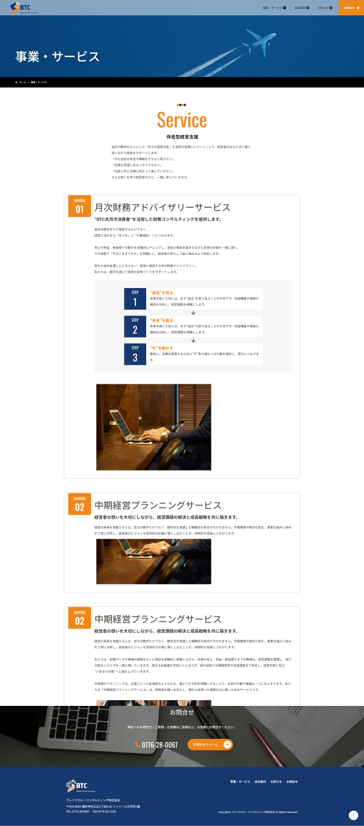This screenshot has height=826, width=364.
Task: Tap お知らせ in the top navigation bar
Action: [x=324, y=8]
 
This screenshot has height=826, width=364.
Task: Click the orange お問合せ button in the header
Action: [x=351, y=8]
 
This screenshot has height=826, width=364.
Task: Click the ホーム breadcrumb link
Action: [x=22, y=82]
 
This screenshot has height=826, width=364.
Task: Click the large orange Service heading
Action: [x=182, y=120]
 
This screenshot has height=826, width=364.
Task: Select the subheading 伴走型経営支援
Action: [x=182, y=137]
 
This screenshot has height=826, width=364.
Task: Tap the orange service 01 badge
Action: [x=80, y=206]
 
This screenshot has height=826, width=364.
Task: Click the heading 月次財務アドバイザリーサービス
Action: [x=163, y=208]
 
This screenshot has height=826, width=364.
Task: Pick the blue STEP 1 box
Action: [x=135, y=299]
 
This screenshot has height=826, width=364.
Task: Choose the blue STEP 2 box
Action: [x=135, y=326]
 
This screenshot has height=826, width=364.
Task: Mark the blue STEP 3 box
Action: [x=135, y=354]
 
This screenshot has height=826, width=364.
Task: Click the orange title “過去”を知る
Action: [x=162, y=293]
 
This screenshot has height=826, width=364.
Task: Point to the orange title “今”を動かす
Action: [x=162, y=347]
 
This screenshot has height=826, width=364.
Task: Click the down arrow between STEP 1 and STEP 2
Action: [x=193, y=313]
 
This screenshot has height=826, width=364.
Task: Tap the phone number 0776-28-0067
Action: [x=159, y=745]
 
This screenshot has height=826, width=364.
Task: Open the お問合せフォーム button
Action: [x=210, y=745]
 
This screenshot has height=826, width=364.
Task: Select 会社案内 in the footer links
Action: [x=260, y=782]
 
